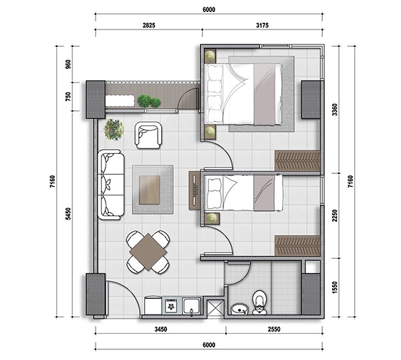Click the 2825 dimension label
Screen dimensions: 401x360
point(149,25)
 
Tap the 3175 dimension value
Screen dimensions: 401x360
point(262,25)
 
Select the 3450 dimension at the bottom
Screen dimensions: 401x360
point(160,329)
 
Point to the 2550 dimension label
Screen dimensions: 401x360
point(274,329)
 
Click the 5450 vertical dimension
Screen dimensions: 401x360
point(68,213)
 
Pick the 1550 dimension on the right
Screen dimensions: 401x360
point(335,287)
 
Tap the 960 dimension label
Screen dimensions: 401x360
point(68,64)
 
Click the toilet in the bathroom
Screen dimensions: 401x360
point(259,302)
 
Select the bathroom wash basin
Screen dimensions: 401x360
point(240,309)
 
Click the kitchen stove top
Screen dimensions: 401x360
point(172,305)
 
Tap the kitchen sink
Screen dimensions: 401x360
point(192,306)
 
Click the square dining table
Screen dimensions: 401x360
point(148,252)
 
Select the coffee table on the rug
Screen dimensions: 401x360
point(150,190)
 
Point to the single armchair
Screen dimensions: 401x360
point(148,135)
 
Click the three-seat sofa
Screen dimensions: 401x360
point(111,185)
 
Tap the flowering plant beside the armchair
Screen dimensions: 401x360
point(114,129)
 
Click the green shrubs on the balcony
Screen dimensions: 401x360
point(149,101)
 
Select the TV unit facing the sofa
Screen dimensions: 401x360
point(194,191)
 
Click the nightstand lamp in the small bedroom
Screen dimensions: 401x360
point(211,218)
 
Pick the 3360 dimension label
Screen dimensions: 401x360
point(335,109)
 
